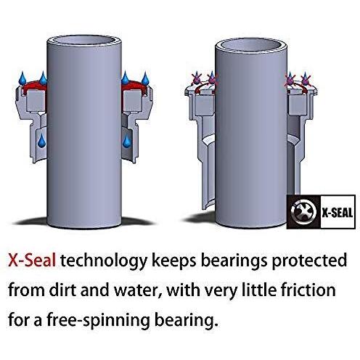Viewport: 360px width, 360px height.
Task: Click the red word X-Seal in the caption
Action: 32,260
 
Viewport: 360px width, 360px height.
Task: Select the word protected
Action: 309,261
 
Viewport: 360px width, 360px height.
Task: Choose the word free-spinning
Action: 99,320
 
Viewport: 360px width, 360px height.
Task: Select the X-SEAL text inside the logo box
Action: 337,213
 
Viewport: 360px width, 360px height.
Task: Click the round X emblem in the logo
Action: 303,212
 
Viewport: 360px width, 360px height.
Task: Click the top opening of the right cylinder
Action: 251,44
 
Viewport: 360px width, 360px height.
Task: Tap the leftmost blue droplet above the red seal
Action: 22,78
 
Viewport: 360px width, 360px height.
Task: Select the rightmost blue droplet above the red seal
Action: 145,78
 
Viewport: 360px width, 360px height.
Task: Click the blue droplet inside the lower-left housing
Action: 41,141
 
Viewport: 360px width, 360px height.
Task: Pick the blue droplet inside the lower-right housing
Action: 126,142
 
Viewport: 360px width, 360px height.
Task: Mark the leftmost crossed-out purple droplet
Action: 196,78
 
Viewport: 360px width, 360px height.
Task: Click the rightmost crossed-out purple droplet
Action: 306,78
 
